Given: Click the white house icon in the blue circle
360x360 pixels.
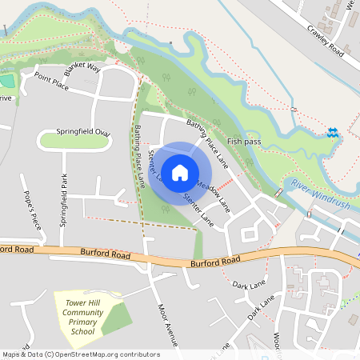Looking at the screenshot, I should click(x=180, y=172).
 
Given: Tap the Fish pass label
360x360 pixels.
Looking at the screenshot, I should click(x=245, y=141).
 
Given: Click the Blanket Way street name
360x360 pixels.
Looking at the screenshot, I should click(x=82, y=68).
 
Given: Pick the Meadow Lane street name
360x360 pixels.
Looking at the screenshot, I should click(x=213, y=194).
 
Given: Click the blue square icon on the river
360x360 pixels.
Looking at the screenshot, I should click(x=332, y=133).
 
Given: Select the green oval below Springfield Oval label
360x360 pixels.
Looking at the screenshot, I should click(x=74, y=142).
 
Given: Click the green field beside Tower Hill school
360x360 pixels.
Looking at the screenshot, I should click(x=116, y=318).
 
